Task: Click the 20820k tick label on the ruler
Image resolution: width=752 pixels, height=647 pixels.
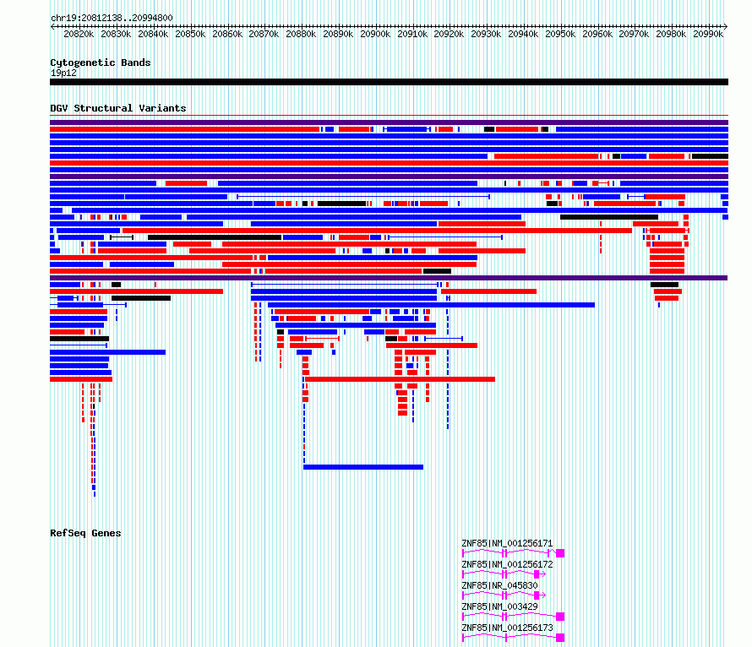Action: (79, 34)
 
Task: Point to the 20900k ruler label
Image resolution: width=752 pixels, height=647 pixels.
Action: (375, 34)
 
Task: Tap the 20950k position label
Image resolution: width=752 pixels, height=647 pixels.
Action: (560, 34)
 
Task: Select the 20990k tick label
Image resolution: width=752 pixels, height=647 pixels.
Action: (708, 34)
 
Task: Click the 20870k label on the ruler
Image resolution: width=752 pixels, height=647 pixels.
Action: (264, 34)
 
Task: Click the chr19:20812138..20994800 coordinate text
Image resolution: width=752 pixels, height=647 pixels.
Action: (112, 18)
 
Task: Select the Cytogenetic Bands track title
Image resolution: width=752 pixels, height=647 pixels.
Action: (101, 63)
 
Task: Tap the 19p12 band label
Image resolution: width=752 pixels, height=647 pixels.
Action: (63, 73)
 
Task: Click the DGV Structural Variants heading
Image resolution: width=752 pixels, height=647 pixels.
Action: (118, 108)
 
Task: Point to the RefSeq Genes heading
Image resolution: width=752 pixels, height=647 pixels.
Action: (85, 533)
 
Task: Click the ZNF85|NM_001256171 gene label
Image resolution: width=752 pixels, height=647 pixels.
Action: (507, 543)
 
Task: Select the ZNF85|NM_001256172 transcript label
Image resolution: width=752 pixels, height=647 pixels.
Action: (507, 564)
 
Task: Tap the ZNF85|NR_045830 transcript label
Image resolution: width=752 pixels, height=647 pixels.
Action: (499, 585)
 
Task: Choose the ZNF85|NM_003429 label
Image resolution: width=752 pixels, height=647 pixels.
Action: (499, 606)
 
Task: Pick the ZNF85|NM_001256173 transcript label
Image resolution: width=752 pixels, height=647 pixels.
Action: (507, 628)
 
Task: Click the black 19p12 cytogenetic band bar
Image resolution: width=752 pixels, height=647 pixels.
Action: (389, 82)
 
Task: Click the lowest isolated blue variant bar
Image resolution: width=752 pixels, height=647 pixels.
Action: (363, 467)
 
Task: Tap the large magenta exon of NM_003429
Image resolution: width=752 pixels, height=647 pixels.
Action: (560, 617)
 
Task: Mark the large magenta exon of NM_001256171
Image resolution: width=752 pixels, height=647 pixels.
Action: (560, 553)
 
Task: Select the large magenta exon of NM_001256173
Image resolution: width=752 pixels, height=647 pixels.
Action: (560, 638)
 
